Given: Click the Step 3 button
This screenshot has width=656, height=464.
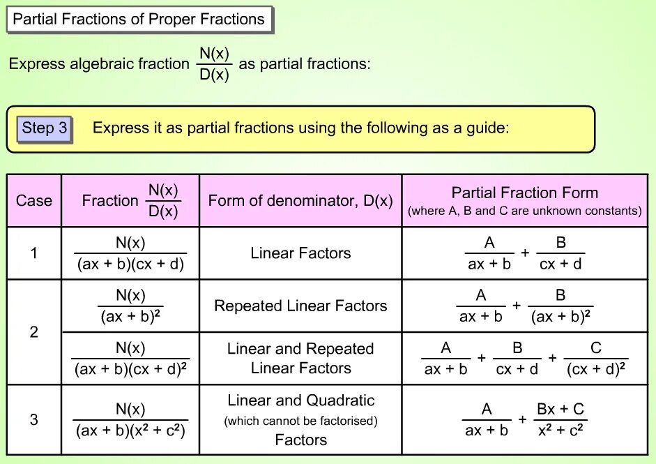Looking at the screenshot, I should click(45, 128).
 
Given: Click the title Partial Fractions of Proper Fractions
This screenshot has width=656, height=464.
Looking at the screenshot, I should click(139, 19).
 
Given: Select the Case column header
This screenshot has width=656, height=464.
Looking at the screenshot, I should click(34, 201).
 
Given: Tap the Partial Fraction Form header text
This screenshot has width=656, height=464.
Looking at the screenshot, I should click(524, 193).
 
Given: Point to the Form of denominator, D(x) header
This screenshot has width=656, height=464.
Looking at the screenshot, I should click(300, 201).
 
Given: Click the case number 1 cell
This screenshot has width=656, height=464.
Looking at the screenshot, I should click(34, 253).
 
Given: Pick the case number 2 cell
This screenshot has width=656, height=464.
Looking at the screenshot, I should click(34, 332).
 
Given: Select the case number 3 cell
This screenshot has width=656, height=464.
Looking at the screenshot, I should click(34, 419).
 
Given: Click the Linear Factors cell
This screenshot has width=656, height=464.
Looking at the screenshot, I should click(300, 253).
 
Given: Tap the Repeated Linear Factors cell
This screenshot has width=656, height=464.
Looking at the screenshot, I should click(300, 306).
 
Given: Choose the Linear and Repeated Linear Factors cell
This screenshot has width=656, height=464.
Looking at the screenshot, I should click(300, 358).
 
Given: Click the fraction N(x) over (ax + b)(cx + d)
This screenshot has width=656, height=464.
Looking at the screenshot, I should click(130, 253).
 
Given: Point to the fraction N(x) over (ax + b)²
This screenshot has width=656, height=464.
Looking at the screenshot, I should click(130, 306).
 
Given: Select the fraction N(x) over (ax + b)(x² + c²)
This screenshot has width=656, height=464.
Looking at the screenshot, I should click(130, 419).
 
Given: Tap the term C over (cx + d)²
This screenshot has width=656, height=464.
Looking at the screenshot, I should click(595, 358).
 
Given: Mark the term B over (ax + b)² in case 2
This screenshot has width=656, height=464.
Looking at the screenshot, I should click(560, 306).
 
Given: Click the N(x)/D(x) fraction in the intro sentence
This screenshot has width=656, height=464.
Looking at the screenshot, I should click(214, 64).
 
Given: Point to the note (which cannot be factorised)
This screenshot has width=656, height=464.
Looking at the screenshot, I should click(300, 421).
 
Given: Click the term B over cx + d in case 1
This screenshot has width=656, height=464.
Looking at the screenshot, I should click(560, 253).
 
